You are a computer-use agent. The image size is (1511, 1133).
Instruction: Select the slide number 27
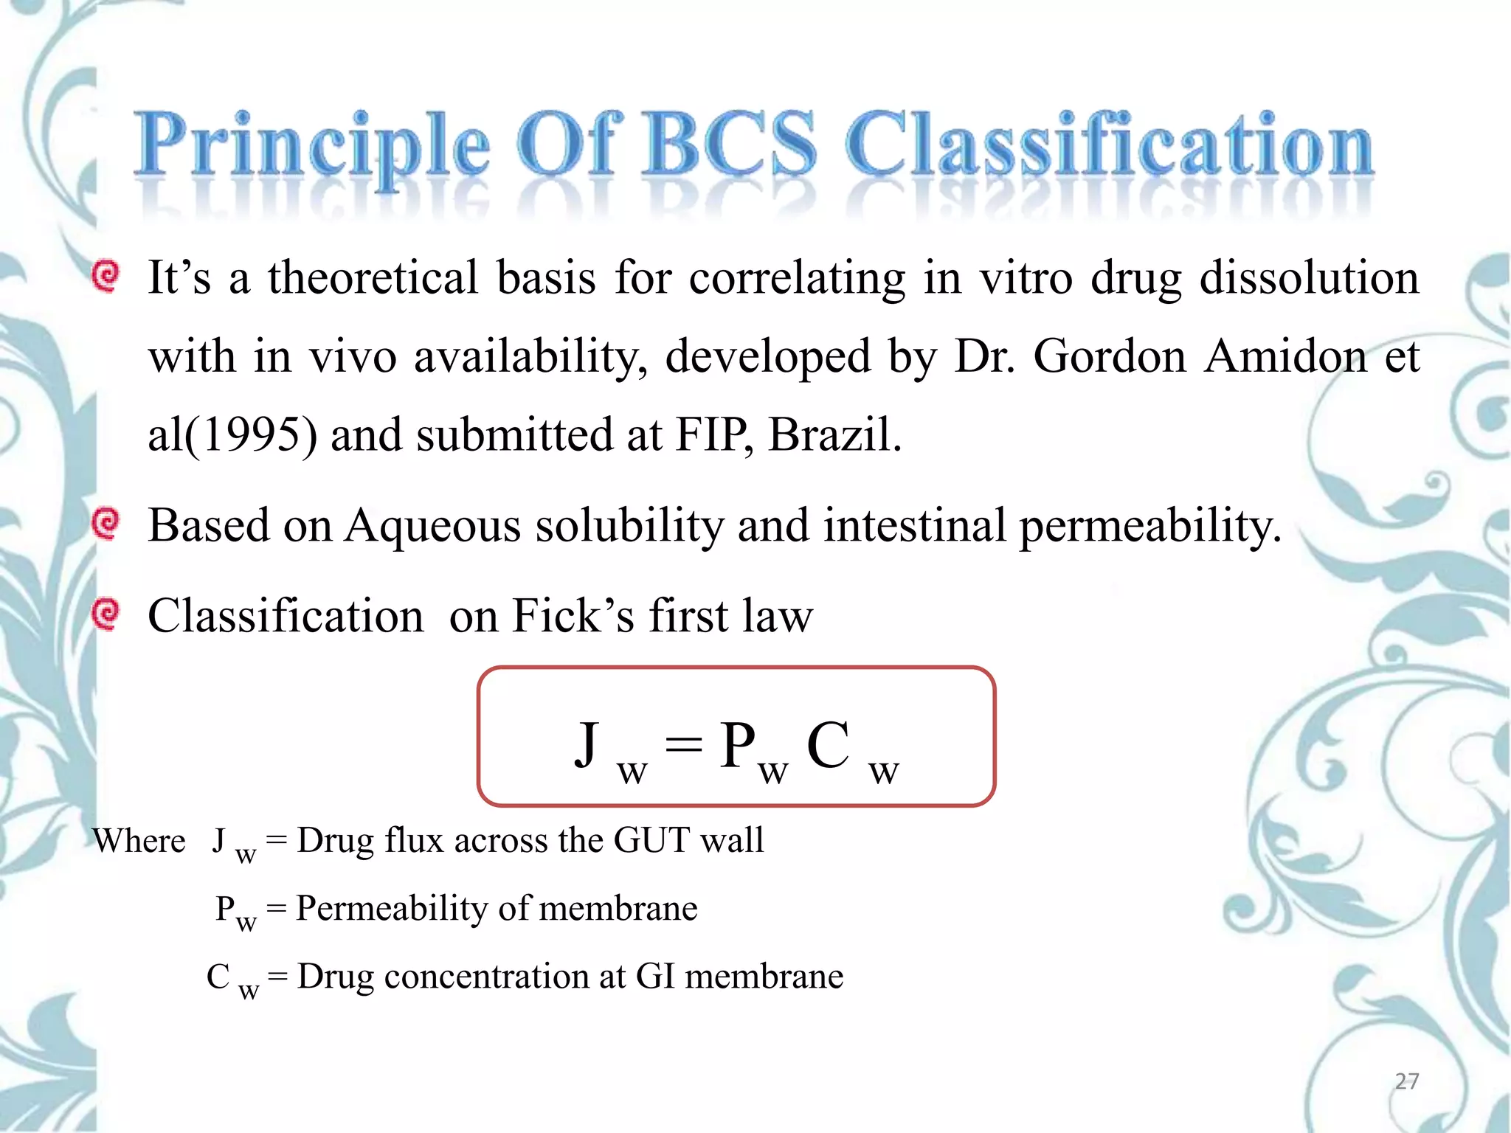coord(1406,1081)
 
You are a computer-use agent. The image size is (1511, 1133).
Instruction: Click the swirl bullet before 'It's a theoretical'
coord(106,277)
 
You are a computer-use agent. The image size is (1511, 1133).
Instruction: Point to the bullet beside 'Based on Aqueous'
coord(106,524)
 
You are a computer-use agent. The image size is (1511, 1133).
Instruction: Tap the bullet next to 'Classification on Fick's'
coord(106,614)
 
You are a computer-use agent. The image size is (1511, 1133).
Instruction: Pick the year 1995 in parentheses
coord(251,434)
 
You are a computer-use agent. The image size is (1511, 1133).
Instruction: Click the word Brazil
coord(834,434)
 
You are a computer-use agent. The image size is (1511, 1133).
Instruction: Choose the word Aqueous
coord(433,527)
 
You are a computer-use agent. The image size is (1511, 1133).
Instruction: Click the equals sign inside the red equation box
coord(683,745)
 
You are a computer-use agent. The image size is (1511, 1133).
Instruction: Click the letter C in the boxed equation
coord(828,745)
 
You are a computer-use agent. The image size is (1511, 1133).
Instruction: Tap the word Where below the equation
coord(139,841)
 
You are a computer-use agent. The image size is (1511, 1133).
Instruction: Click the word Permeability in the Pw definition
coord(392,909)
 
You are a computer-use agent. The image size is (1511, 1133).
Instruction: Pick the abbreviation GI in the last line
coord(655,977)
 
